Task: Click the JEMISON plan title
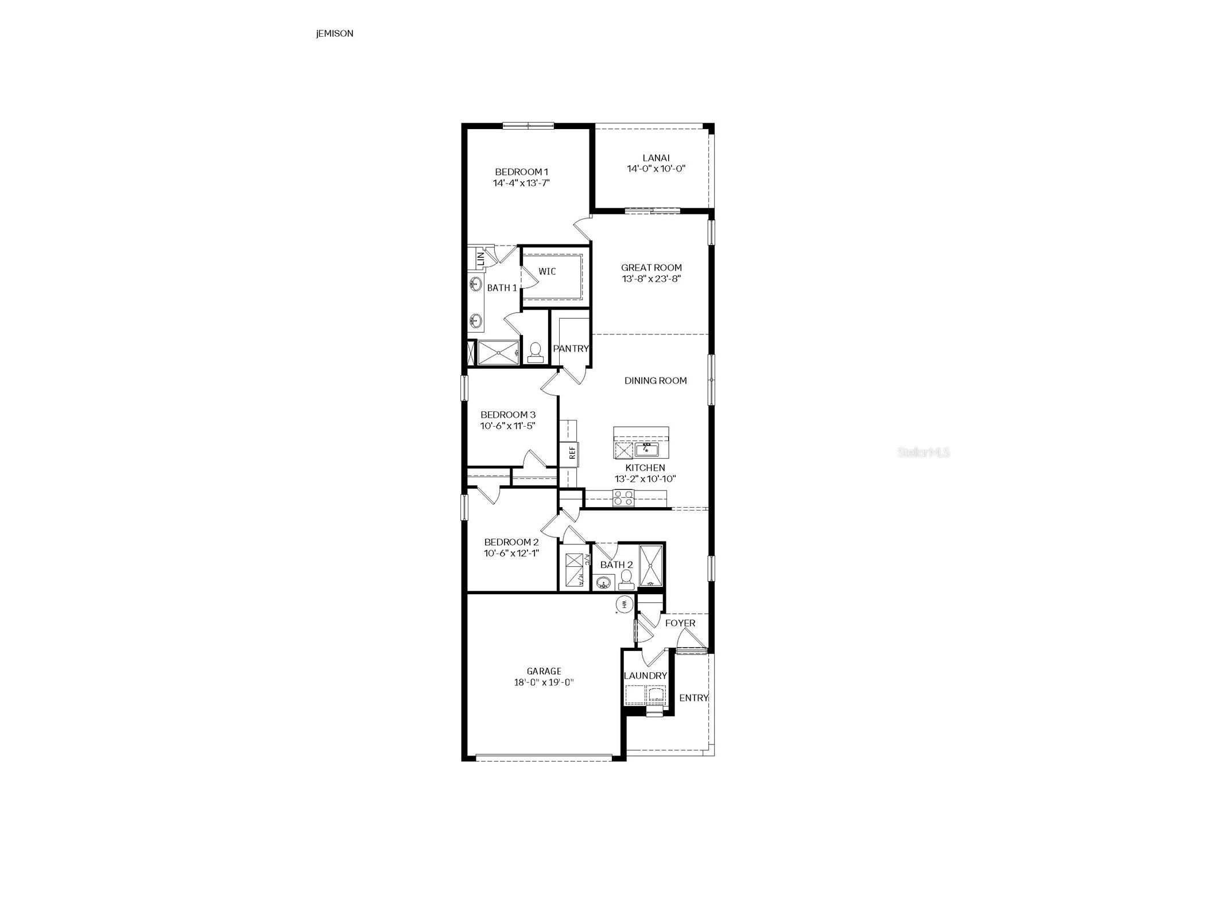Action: pyautogui.click(x=334, y=33)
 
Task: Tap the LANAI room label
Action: pyautogui.click(x=656, y=158)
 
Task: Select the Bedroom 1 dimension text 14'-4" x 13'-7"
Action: pyautogui.click(x=521, y=183)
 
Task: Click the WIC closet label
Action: pyautogui.click(x=546, y=271)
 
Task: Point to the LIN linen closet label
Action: pyautogui.click(x=480, y=259)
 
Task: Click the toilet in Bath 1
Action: pyautogui.click(x=535, y=352)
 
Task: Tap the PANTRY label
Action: pyautogui.click(x=571, y=348)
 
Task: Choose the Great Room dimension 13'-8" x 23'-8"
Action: pyautogui.click(x=651, y=279)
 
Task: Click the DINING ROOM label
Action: pyautogui.click(x=655, y=380)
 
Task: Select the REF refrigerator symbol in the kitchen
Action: pyautogui.click(x=572, y=453)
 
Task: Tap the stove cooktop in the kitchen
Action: pyautogui.click(x=623, y=498)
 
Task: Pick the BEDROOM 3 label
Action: pyautogui.click(x=508, y=414)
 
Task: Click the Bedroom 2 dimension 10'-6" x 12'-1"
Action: pyautogui.click(x=511, y=553)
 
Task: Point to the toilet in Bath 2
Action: pyautogui.click(x=626, y=579)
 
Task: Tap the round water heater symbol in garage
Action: pyautogui.click(x=624, y=603)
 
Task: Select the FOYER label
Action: pyautogui.click(x=680, y=623)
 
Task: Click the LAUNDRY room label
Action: pyautogui.click(x=645, y=676)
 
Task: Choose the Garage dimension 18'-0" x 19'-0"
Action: pyautogui.click(x=544, y=683)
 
